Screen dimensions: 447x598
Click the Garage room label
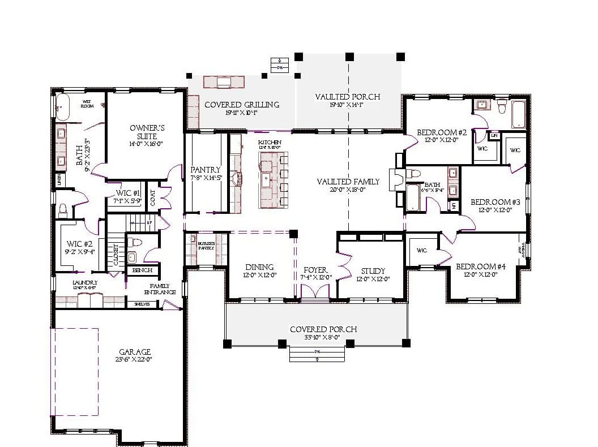(135, 351)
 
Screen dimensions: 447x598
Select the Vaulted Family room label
(348, 182)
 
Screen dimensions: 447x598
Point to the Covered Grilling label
(242, 105)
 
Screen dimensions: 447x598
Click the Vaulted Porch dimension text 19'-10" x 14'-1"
(348, 105)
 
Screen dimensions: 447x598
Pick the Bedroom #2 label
(441, 132)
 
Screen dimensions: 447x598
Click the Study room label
(373, 271)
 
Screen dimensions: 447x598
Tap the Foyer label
(315, 270)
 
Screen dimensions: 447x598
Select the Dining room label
(260, 267)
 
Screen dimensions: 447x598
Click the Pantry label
(206, 170)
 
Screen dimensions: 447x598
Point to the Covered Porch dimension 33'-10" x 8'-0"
(316, 338)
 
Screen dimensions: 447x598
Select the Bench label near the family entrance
(142, 270)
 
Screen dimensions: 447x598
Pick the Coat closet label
(153, 197)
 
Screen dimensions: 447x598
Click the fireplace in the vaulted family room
(398, 177)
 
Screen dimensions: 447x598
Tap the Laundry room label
(85, 282)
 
